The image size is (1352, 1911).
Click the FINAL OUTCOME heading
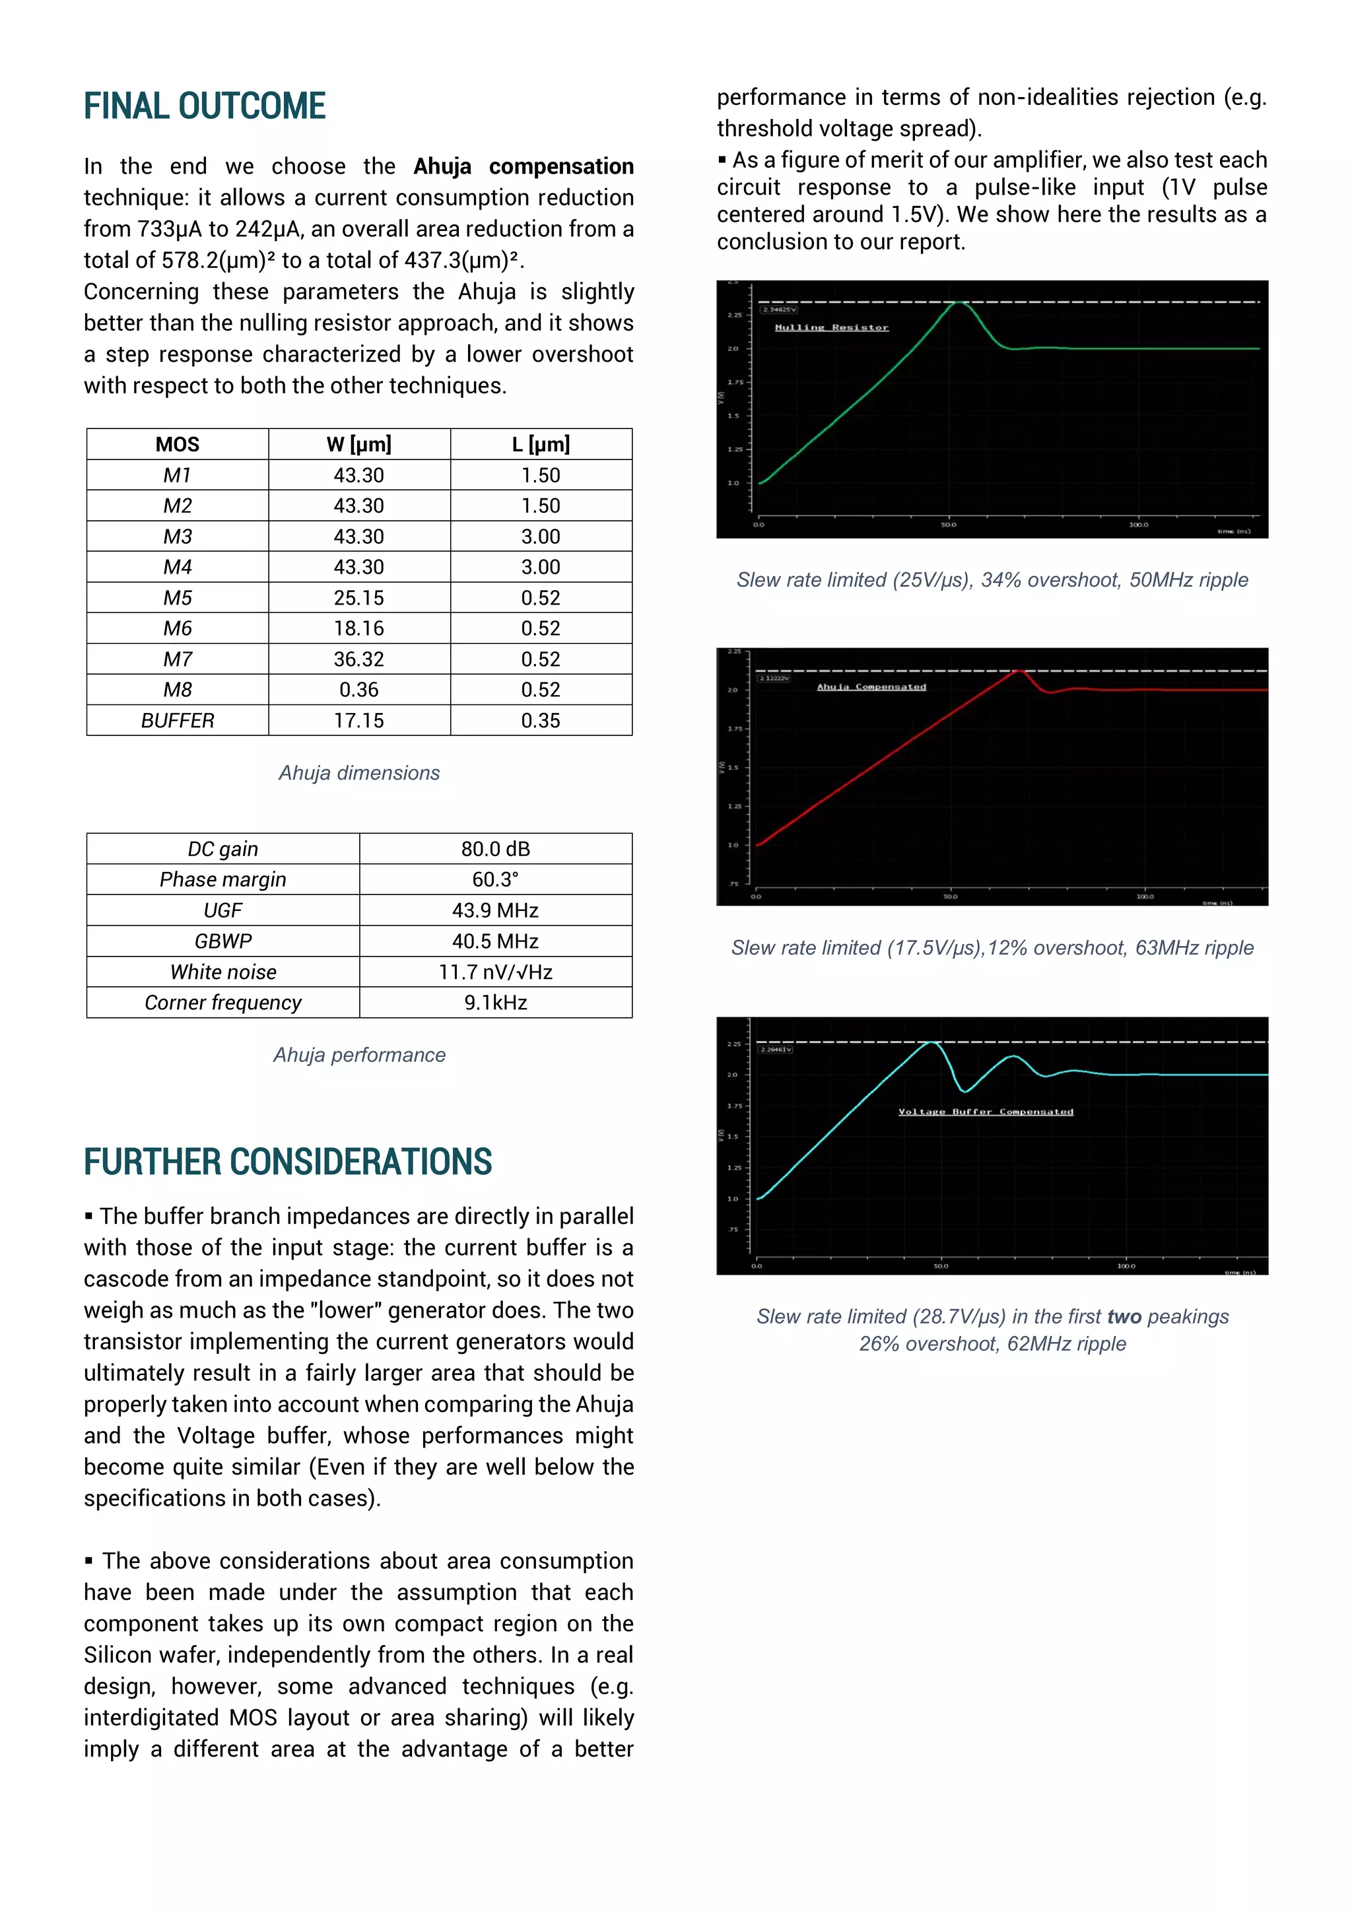coord(204,106)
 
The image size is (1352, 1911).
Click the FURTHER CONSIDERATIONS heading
coord(287,1162)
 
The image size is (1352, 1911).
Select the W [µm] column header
coord(359,444)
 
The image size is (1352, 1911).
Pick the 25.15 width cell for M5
coord(359,597)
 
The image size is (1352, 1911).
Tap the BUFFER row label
coord(178,721)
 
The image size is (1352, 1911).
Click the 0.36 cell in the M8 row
coord(359,690)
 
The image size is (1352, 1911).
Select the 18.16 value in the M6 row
coord(359,628)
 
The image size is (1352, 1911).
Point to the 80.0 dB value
coord(495,849)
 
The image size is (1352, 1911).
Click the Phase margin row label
coord(222,880)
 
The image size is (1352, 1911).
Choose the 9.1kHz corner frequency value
coord(495,1003)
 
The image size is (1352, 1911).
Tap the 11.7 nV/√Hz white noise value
coord(495,972)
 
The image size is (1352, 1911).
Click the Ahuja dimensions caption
coord(359,773)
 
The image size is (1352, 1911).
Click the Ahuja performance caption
coord(359,1056)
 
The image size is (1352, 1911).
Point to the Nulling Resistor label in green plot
coord(831,328)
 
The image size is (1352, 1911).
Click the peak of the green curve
coord(959,303)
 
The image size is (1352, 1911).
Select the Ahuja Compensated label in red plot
coord(871,687)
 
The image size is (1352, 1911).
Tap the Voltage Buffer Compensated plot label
coord(986,1112)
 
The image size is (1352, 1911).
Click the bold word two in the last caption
coord(1124,1317)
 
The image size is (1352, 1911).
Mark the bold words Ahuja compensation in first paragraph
coord(523,166)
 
